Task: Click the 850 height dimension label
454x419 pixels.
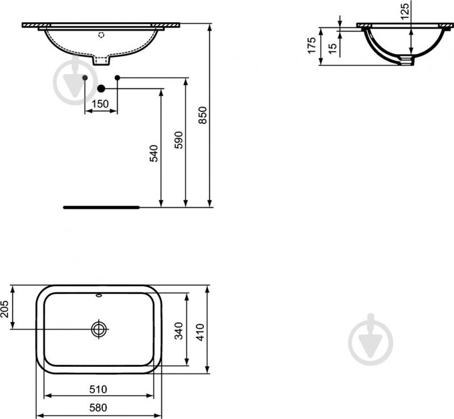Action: (x=203, y=115)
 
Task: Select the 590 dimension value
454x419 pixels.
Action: (x=178, y=140)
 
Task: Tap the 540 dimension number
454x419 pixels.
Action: (x=153, y=153)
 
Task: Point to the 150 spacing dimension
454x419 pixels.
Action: (x=100, y=103)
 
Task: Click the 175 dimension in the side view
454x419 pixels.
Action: (x=311, y=45)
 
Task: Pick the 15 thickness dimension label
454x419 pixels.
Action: (x=333, y=48)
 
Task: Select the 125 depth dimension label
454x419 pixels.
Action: (x=405, y=11)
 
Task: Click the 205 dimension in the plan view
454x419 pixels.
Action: (x=5, y=309)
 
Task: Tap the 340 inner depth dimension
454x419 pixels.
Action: (x=178, y=331)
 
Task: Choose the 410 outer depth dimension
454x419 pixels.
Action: (x=201, y=332)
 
